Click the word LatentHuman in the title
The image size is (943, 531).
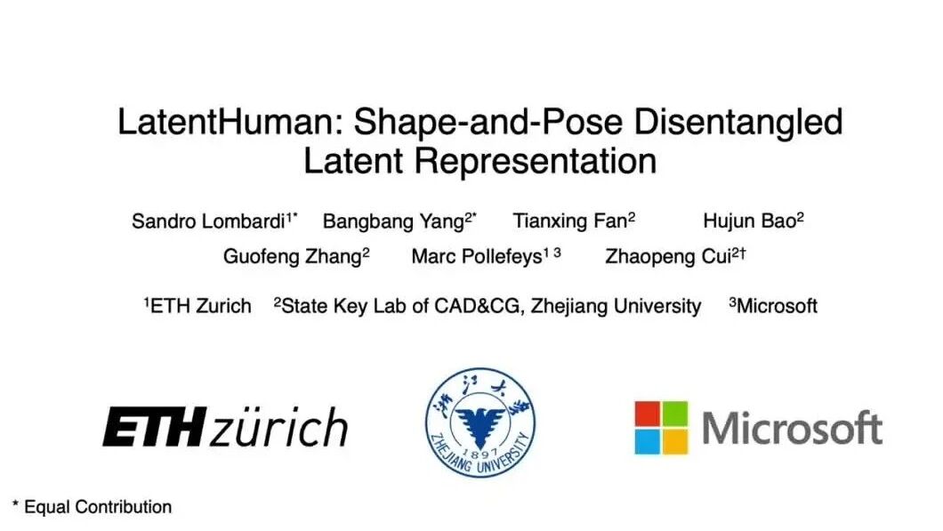click(230, 122)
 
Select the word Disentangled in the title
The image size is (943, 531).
click(737, 123)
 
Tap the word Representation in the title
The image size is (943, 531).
click(535, 162)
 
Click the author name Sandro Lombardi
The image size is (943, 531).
click(208, 221)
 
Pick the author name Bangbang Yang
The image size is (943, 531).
click(393, 221)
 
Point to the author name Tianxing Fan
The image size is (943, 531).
click(569, 221)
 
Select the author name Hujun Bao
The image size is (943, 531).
click(749, 221)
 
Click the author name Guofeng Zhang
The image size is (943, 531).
click(293, 257)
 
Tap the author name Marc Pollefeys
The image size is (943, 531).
click(477, 257)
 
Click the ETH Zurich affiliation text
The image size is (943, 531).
click(197, 306)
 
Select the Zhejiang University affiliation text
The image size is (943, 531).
click(488, 306)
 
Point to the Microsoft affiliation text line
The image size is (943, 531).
click(773, 306)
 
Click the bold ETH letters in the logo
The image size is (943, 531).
click(155, 426)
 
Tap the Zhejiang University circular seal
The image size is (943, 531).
click(480, 422)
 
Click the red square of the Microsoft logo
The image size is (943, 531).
click(647, 414)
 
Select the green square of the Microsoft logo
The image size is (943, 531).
click(675, 414)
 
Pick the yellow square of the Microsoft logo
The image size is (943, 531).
click(675, 442)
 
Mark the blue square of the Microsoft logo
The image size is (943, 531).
click(647, 442)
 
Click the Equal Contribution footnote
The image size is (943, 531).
click(92, 507)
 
